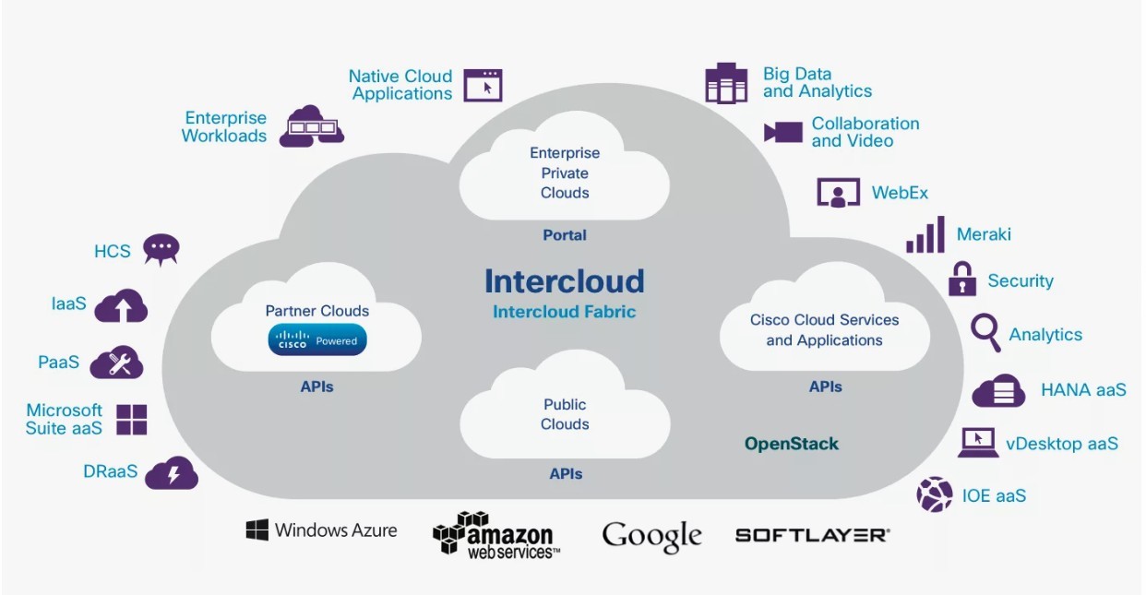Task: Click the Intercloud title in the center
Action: point(564,280)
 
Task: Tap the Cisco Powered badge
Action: point(317,340)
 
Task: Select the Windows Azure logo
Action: point(321,530)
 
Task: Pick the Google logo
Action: point(651,535)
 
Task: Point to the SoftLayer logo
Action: point(812,534)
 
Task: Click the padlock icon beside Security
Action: point(962,279)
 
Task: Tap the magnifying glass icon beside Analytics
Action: point(985,332)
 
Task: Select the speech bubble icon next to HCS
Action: point(161,249)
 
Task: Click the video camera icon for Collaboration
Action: point(783,132)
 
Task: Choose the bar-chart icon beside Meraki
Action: point(925,234)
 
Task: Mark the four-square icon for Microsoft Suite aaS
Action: point(131,419)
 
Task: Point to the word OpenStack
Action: point(792,444)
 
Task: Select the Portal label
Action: point(565,235)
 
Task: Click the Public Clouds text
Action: point(565,414)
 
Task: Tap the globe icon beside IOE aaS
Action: point(934,494)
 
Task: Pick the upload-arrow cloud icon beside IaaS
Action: point(121,305)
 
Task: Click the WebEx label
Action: point(900,193)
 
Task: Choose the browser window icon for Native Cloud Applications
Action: point(483,85)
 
